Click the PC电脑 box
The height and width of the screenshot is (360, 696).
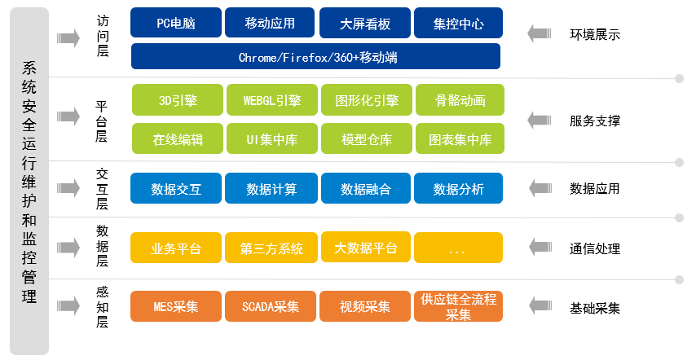[x=176, y=23]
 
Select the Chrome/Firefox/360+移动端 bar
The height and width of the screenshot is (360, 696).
[x=315, y=56]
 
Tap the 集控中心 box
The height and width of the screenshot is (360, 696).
[x=458, y=23]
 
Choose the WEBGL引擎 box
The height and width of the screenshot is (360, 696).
[x=272, y=99]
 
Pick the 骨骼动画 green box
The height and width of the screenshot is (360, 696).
[x=460, y=99]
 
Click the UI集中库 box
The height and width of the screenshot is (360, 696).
[x=272, y=138]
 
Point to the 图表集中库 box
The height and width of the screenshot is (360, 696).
[x=460, y=138]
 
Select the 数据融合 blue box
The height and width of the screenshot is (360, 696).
[x=366, y=188]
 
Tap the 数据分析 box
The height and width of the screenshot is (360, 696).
[x=458, y=188]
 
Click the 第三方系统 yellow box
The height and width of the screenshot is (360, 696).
[x=271, y=248]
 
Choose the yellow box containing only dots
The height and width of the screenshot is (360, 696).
[x=458, y=248]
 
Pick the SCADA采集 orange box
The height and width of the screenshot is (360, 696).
[x=271, y=306]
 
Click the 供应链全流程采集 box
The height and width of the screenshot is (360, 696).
[x=458, y=306]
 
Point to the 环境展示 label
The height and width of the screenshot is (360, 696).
[x=595, y=34]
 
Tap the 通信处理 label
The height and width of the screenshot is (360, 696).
[x=595, y=248]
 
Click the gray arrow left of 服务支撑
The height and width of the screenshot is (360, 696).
[x=540, y=121]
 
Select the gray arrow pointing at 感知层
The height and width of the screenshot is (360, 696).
[x=68, y=306]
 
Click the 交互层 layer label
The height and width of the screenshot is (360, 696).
[x=102, y=189]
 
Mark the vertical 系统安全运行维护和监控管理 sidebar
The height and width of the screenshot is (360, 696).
[x=29, y=181]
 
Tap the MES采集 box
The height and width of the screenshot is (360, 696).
[x=176, y=306]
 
